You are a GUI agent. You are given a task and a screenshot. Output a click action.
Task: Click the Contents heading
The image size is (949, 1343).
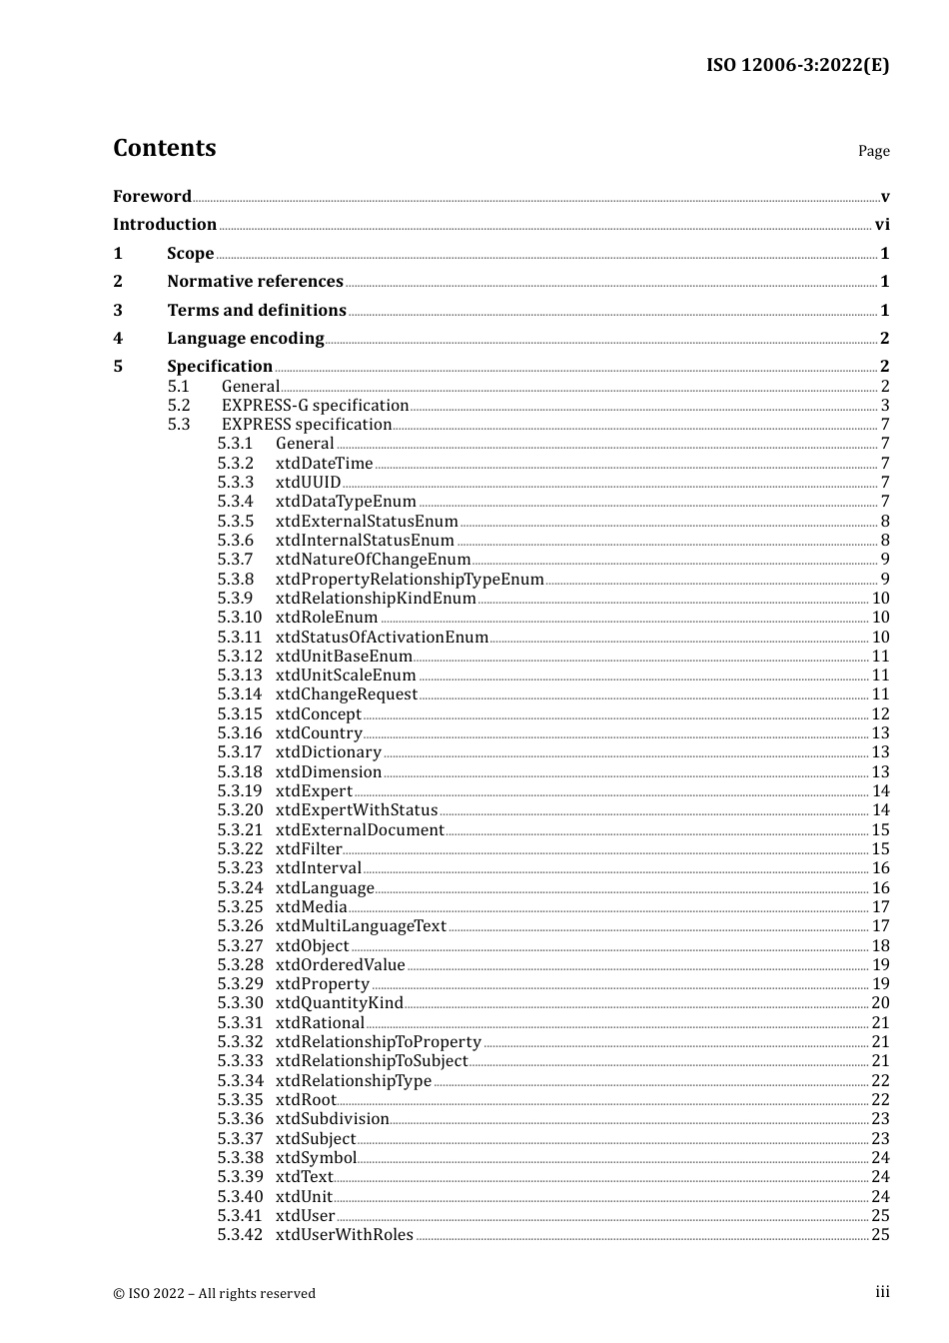(x=164, y=148)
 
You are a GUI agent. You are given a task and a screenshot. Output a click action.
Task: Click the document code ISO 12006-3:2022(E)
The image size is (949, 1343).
(x=797, y=65)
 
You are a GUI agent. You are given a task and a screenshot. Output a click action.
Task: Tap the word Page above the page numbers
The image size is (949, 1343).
(x=873, y=151)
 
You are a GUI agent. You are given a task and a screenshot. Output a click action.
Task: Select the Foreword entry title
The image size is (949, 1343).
(x=152, y=196)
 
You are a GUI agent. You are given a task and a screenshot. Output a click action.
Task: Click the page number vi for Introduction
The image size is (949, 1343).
(x=881, y=225)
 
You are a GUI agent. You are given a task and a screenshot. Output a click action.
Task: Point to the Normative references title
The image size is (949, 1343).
(x=255, y=282)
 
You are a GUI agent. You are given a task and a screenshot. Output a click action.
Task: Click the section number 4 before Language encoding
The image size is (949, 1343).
(x=118, y=339)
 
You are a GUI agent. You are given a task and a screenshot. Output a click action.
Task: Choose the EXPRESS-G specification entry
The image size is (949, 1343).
(x=315, y=406)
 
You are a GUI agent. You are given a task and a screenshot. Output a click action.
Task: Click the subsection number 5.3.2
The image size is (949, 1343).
(x=236, y=464)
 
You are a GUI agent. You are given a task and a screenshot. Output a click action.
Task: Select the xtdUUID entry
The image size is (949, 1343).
(x=308, y=483)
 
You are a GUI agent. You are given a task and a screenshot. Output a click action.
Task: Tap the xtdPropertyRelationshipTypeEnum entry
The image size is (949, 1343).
(x=410, y=580)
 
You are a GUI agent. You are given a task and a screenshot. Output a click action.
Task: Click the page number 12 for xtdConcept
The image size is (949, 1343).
(x=880, y=714)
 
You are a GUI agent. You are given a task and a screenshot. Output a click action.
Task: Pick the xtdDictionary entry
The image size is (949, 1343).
(x=328, y=752)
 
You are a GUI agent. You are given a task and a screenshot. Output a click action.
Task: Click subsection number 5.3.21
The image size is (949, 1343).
(x=240, y=830)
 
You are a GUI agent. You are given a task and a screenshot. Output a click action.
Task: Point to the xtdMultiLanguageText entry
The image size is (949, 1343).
(x=361, y=926)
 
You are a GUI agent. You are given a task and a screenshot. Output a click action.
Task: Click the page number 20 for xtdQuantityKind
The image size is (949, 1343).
(x=880, y=1003)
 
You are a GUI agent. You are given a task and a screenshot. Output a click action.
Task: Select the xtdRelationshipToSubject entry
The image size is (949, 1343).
(x=372, y=1061)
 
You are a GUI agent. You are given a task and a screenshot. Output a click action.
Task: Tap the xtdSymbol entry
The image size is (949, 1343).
(x=316, y=1158)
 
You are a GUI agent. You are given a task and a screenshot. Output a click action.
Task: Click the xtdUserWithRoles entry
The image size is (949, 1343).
(x=344, y=1235)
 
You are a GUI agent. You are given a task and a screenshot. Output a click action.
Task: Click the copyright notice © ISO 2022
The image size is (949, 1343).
(x=214, y=1294)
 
